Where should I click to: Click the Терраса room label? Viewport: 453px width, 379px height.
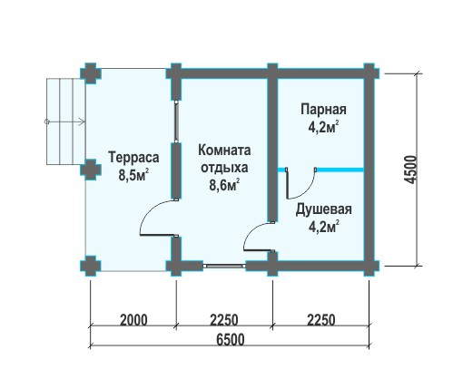[x=133, y=158]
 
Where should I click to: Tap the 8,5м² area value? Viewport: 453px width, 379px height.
[x=133, y=175]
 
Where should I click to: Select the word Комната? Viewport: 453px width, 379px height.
[x=224, y=150]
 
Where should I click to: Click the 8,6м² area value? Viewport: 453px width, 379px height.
[x=224, y=185]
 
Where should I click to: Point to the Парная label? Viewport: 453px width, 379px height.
[x=323, y=110]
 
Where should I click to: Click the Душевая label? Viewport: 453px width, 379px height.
[x=323, y=209]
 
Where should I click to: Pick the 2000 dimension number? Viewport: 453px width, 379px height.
[x=133, y=320]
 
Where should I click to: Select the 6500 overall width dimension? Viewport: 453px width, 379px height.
[x=231, y=339]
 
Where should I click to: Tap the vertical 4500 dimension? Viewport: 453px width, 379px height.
[x=410, y=170]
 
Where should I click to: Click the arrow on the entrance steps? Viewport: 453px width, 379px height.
[x=64, y=121]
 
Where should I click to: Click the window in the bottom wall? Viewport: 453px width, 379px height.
[x=224, y=266]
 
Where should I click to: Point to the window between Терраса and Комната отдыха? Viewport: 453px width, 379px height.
[x=176, y=121]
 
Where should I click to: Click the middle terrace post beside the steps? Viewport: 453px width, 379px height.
[x=90, y=170]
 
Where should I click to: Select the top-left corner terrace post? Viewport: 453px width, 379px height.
[x=90, y=73]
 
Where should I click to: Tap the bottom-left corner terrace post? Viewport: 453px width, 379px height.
[x=90, y=267]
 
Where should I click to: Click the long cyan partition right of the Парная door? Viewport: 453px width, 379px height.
[x=340, y=170]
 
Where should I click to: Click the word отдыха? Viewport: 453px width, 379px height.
[x=224, y=168]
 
